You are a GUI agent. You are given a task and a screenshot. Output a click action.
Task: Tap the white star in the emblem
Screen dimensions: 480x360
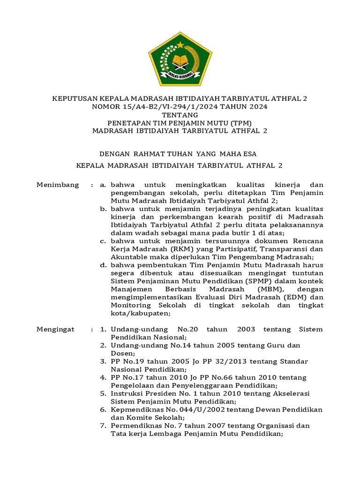pos(180,45)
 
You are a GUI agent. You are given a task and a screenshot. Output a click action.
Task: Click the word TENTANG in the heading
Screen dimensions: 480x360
pos(180,115)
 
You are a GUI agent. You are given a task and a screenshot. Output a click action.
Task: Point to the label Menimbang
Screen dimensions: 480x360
pos(58,185)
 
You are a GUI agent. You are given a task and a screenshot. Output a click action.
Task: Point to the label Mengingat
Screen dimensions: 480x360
pos(56,329)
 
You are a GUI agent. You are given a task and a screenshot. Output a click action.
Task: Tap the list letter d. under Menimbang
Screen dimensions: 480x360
pos(103,265)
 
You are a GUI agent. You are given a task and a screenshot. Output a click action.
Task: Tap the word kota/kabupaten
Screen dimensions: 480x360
pos(141,313)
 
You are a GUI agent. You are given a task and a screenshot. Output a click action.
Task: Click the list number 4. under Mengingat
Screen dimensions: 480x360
pos(104,377)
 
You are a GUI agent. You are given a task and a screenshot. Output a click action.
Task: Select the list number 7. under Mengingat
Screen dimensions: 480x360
pos(104,426)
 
